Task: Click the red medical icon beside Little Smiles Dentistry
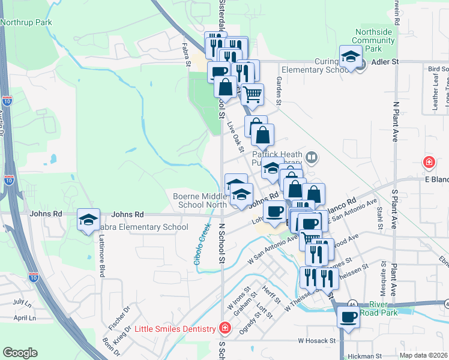tap(224, 328)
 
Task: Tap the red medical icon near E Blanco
tap(429, 162)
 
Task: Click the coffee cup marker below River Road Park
tap(348, 316)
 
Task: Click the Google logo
tap(20, 353)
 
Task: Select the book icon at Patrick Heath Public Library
tap(312, 158)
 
